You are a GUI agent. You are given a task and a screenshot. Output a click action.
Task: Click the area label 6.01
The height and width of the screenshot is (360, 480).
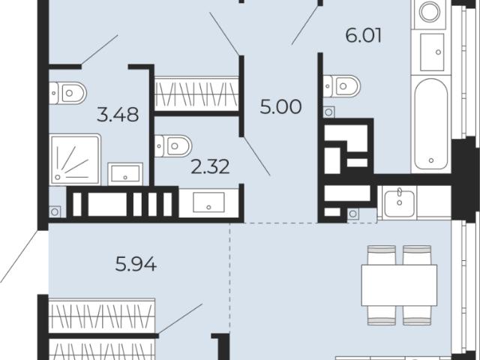pos(364,35)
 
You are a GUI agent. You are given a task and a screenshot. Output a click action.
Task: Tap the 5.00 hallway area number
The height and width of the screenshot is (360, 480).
pos(280,106)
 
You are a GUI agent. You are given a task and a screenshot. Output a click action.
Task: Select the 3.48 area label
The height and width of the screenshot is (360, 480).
pos(118,115)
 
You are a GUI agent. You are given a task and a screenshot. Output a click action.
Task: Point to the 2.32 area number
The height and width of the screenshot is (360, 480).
pos(210,167)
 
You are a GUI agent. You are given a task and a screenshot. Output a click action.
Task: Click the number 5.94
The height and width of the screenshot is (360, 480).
pos(136,264)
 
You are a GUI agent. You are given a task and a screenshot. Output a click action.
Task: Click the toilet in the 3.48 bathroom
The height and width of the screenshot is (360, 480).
pos(67,93)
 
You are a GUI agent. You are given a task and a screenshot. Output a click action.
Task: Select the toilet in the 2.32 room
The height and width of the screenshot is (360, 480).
pos(173,146)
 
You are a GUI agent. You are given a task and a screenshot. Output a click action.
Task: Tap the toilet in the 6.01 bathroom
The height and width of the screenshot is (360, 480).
pos(342,86)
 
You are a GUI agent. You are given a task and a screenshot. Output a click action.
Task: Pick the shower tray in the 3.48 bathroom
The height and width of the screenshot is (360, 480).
pos(75,160)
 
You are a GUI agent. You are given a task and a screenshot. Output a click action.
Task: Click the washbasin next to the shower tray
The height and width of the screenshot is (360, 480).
pos(125,174)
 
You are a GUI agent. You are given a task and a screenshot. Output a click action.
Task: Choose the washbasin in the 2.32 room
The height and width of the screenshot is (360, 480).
pos(208,202)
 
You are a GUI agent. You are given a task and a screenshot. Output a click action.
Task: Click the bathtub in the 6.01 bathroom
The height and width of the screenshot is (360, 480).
pos(431,124)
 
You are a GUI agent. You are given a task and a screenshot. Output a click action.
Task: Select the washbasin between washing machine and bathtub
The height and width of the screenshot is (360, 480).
pos(432,52)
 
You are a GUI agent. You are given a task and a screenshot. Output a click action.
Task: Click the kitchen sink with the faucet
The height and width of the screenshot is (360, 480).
pos(400,203)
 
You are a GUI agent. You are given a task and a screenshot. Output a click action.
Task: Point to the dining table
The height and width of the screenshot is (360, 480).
pos(399,285)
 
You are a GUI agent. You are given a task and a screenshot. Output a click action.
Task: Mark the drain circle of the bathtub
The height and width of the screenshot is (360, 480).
pos(431,160)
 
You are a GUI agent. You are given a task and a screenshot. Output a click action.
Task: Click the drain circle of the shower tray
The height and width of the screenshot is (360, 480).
pos(58,177)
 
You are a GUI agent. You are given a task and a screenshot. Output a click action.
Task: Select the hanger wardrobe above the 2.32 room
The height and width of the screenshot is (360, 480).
pos(196,93)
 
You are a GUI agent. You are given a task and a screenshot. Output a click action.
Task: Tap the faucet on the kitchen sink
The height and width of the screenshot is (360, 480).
pos(399,193)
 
